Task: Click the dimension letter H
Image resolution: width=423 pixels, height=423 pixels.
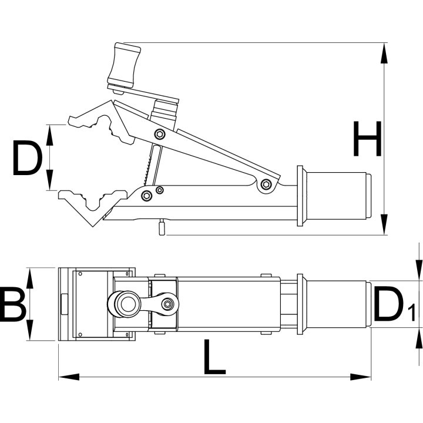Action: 367,139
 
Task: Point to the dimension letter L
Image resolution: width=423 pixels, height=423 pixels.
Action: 214,357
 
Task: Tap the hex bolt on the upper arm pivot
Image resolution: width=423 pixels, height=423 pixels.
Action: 160,134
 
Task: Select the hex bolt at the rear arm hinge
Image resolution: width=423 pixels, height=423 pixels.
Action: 266,184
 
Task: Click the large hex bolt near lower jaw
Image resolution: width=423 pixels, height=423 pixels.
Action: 147,195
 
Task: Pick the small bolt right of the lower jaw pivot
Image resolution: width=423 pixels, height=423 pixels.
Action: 160,190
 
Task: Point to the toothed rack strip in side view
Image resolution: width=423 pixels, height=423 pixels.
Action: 147,169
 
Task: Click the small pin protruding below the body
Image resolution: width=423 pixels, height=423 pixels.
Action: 162,228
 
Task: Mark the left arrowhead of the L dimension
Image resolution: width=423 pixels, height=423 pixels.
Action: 69,377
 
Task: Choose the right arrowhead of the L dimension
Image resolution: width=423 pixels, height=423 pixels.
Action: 361,377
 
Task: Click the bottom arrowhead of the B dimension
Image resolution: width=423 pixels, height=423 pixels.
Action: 30,330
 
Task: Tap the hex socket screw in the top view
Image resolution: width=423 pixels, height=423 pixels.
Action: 168,304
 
